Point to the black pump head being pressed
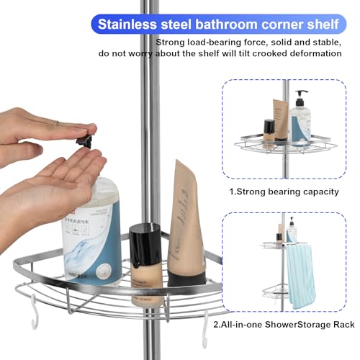[88, 137]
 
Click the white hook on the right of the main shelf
[206, 324]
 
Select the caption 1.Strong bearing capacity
[284, 192]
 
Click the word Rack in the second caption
[343, 325]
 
